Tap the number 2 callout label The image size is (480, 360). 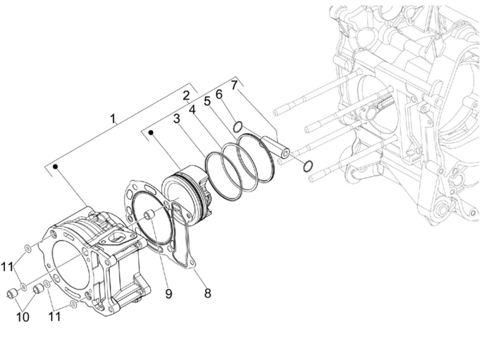coord(185,96)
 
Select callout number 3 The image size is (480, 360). coord(176,119)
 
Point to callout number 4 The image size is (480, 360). coord(192,109)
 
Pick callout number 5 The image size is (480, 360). coord(207,101)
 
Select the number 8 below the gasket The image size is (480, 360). coord(207,293)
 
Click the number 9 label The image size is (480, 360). coord(168,293)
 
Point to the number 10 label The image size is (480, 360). coord(22,317)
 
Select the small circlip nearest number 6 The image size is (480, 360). coord(237,126)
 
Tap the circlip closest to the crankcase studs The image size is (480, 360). coord(308,166)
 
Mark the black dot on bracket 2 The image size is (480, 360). coord(151,132)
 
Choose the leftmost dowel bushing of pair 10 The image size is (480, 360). coord(12,294)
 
